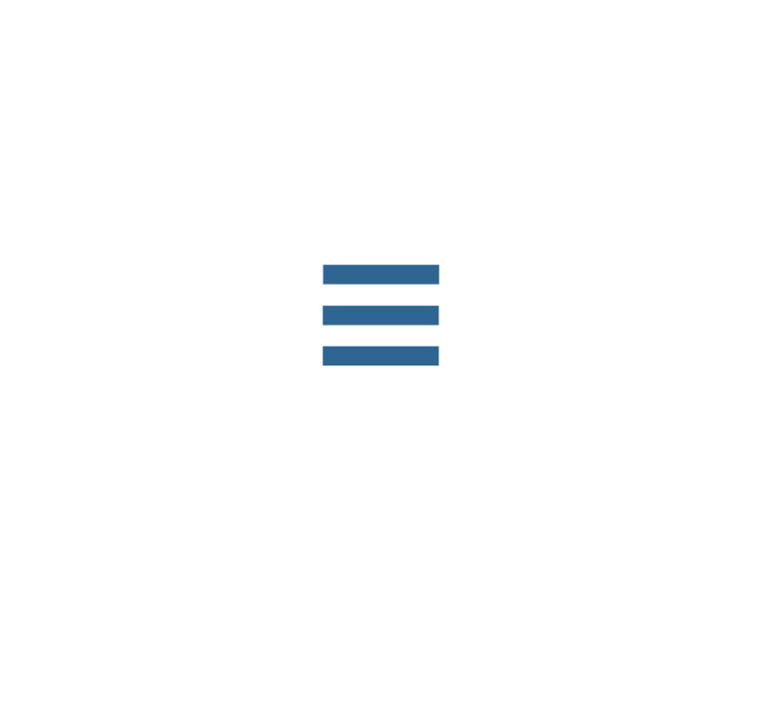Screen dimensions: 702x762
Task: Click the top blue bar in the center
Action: (381, 275)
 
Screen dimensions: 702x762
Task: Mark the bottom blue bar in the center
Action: (381, 355)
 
